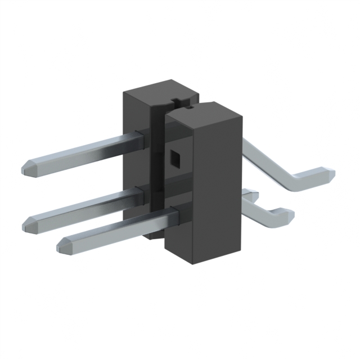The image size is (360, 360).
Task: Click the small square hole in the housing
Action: [175, 160]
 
